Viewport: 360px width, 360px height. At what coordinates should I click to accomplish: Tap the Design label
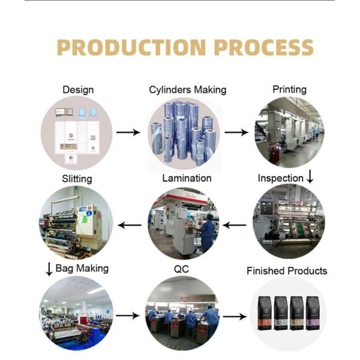[78, 90]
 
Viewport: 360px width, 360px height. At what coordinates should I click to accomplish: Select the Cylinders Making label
[188, 90]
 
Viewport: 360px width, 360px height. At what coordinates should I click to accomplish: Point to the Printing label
[289, 89]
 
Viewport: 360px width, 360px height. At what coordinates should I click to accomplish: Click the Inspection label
[280, 178]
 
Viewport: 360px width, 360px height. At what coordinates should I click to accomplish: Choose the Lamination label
[187, 178]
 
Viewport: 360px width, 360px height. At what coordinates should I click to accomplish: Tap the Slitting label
[77, 179]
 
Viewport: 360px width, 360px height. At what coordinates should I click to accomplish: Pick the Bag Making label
[82, 268]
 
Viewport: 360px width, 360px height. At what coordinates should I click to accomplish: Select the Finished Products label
[287, 271]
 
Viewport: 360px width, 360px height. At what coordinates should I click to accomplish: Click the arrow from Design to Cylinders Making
[128, 132]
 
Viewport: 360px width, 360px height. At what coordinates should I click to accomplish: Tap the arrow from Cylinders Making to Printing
[236, 132]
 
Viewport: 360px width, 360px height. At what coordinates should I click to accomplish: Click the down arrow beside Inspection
[310, 178]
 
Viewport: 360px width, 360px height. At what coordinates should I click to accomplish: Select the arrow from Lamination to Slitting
[129, 226]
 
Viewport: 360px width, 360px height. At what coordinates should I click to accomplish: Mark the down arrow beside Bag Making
[49, 269]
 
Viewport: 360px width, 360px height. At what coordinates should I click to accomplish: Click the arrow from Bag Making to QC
[128, 315]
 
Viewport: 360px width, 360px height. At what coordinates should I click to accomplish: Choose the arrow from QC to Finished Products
[235, 316]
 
